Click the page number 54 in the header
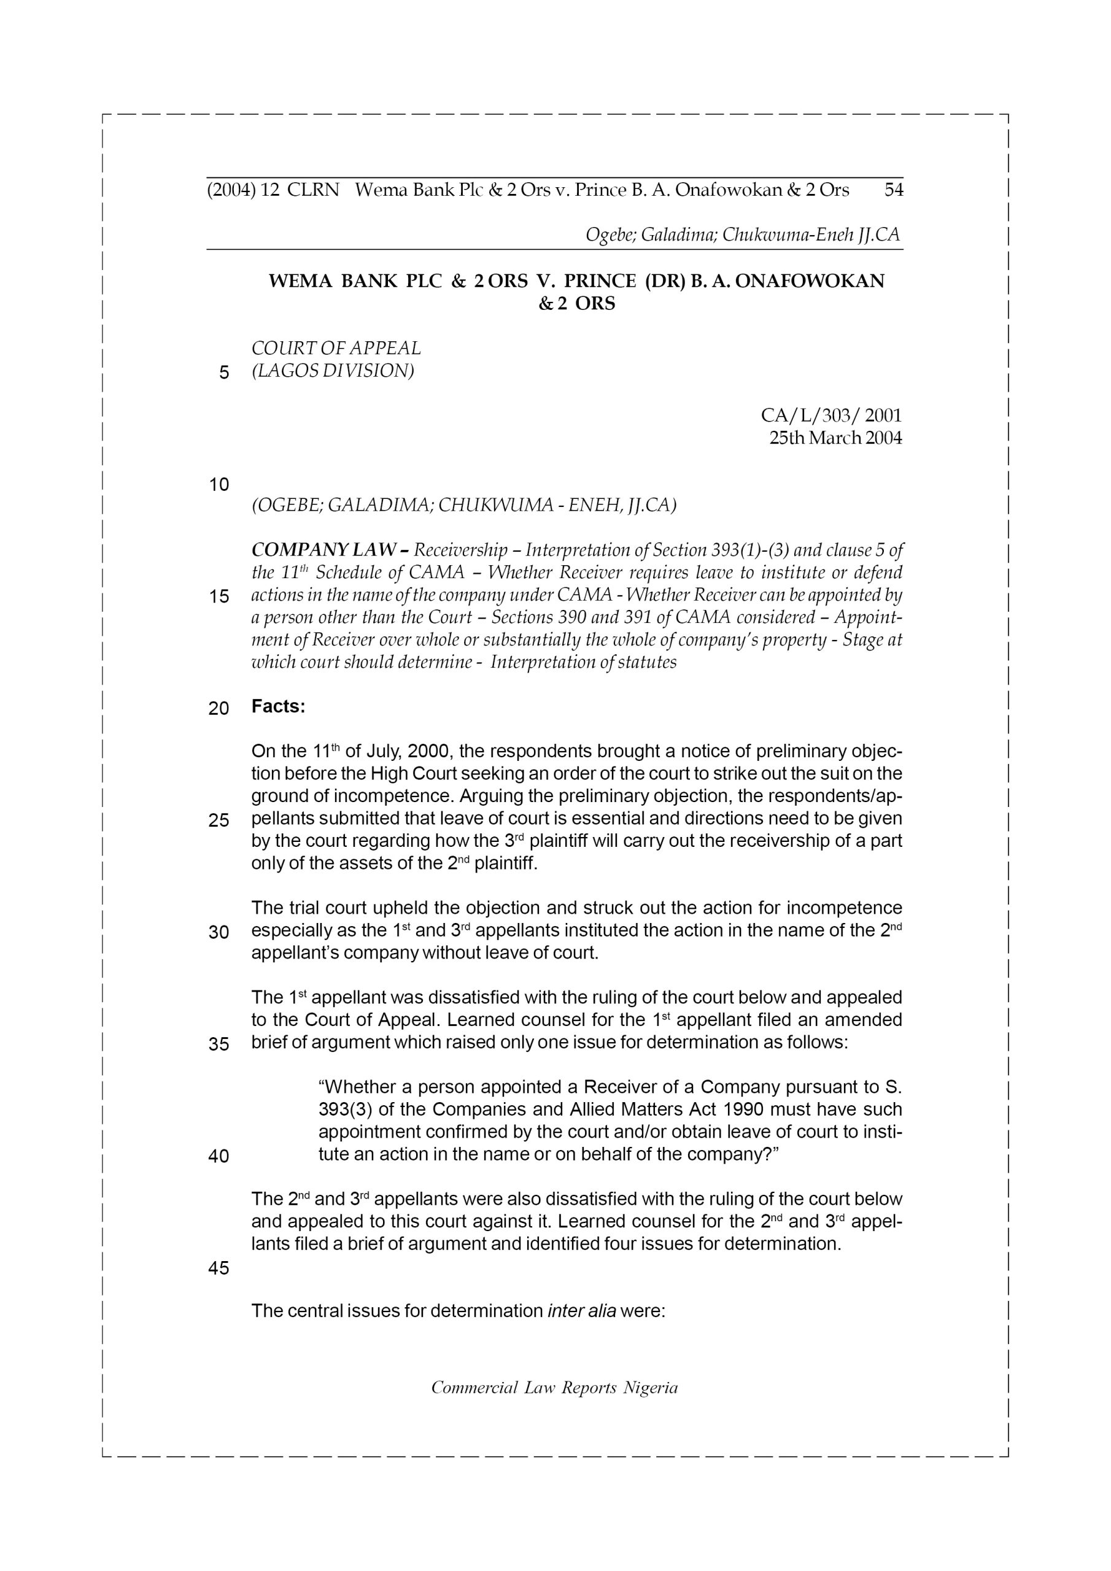click(x=893, y=190)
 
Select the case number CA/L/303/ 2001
click(x=831, y=415)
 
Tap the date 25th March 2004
click(x=835, y=438)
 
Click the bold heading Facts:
click(x=278, y=706)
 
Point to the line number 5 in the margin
click(x=224, y=373)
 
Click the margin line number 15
click(x=219, y=596)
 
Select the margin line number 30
click(x=219, y=932)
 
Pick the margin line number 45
click(x=219, y=1268)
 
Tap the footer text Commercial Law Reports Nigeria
click(x=554, y=1388)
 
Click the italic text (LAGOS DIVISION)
click(x=333, y=371)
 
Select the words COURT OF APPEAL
click(x=336, y=349)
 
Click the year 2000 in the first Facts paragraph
click(x=428, y=751)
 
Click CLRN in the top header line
click(x=313, y=190)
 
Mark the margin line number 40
click(x=219, y=1156)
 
